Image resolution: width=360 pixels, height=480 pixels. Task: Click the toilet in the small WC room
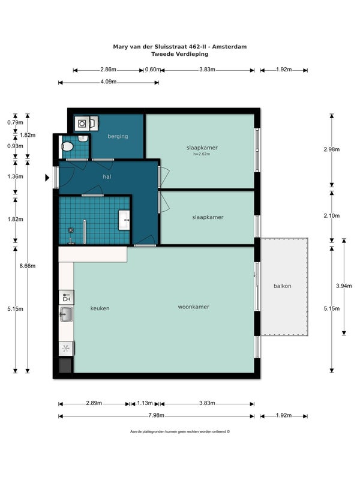pyautogui.click(x=67, y=147)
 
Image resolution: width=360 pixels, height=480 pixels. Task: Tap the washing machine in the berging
pyautogui.click(x=82, y=124)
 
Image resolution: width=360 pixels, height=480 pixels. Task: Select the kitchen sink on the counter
pyautogui.click(x=66, y=314)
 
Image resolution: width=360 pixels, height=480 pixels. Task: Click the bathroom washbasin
pyautogui.click(x=124, y=220)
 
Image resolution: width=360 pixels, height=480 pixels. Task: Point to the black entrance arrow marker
pyautogui.click(x=47, y=178)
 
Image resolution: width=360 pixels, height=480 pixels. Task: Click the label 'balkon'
pyautogui.click(x=282, y=286)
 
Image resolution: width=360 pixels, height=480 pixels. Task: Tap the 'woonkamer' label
pyautogui.click(x=193, y=307)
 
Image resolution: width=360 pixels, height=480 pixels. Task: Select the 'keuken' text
pyautogui.click(x=100, y=308)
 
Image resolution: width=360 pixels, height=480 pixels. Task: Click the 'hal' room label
pyautogui.click(x=107, y=176)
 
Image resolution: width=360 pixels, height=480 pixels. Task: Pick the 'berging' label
pyautogui.click(x=118, y=137)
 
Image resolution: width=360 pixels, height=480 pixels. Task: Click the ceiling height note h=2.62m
pyautogui.click(x=202, y=154)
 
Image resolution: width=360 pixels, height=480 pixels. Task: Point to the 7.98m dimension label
pyautogui.click(x=156, y=415)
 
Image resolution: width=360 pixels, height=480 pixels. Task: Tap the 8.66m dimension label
pyautogui.click(x=28, y=266)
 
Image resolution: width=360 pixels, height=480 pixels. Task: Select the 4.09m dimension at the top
pyautogui.click(x=109, y=82)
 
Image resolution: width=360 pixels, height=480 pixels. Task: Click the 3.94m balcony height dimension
pyautogui.click(x=344, y=286)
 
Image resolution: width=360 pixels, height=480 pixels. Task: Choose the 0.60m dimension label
pyautogui.click(x=153, y=70)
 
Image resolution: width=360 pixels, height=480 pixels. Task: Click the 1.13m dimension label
pyautogui.click(x=145, y=403)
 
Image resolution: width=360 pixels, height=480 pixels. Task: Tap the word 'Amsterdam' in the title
pyautogui.click(x=229, y=47)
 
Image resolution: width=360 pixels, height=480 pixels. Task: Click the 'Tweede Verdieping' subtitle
pyautogui.click(x=180, y=54)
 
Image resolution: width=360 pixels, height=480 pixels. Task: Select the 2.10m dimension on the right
pyautogui.click(x=332, y=216)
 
